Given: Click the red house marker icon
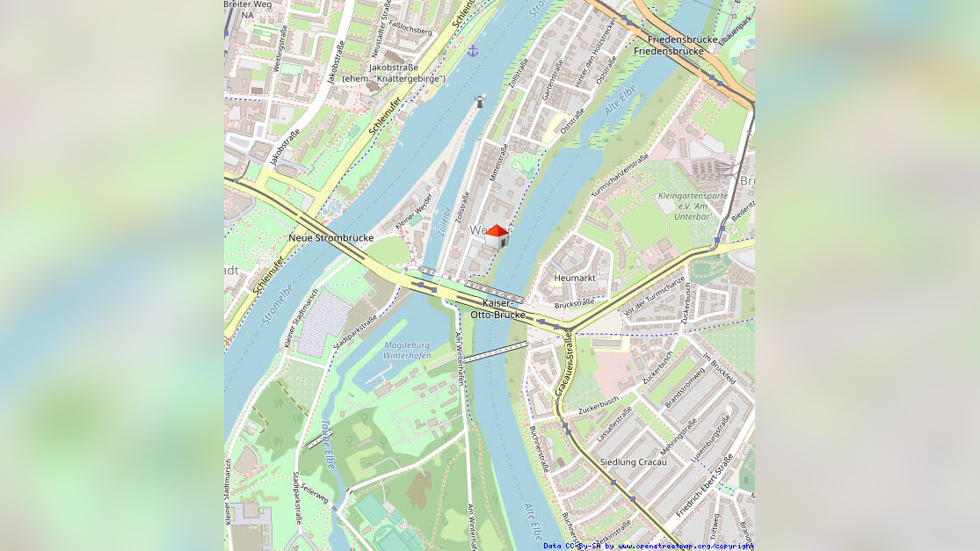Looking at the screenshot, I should (497, 236).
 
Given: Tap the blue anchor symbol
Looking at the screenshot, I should (472, 51).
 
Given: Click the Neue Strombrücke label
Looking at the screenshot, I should (330, 237).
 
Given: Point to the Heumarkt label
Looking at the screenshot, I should (574, 278).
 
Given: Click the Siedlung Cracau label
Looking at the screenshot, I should (633, 461).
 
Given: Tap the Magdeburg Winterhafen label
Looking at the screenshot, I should (407, 351).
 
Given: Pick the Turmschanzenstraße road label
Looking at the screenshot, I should (620, 175).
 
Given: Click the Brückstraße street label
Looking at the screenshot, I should (575, 303).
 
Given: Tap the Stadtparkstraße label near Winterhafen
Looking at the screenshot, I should (355, 334).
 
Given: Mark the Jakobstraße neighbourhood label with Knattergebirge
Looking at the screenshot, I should (394, 72).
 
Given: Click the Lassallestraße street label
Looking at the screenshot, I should (614, 423).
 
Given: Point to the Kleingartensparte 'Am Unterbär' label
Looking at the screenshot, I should (692, 206).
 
